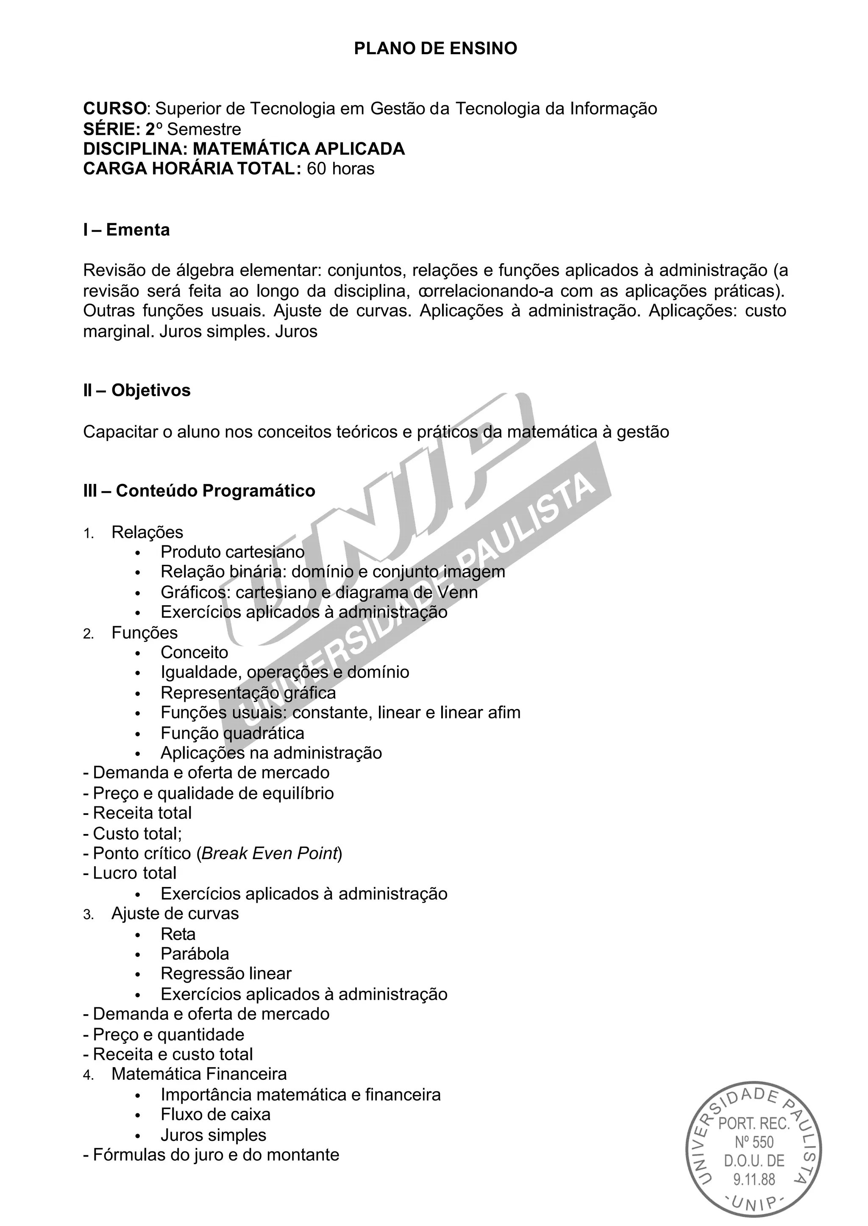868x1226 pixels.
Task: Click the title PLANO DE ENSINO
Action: pos(435,49)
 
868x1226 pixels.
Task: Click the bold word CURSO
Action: pos(114,108)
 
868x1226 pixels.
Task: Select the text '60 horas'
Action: pos(340,169)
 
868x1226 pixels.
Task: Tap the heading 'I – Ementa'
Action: pos(127,230)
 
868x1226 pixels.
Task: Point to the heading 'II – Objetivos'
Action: pos(137,390)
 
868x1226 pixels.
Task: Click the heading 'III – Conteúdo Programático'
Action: pos(199,491)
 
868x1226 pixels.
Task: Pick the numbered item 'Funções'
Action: pos(144,632)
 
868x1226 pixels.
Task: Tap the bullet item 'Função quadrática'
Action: pos(233,733)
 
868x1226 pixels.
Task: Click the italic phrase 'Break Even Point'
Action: pos(270,853)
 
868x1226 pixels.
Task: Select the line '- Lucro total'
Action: pos(130,873)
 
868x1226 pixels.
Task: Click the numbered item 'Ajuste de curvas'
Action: pos(175,913)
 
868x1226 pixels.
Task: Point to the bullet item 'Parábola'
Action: pos(195,954)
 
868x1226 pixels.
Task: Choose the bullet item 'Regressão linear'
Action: pos(226,974)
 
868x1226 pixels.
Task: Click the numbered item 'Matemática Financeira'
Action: pos(199,1074)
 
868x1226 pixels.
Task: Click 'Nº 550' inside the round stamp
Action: pos(754,1142)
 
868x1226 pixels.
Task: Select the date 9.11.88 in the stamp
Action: pos(754,1179)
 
